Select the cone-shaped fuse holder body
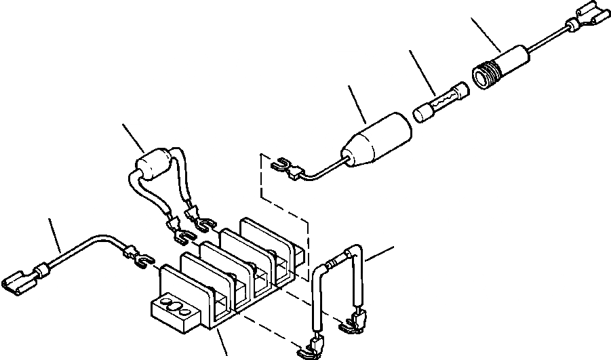tap(380, 138)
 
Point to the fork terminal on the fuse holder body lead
tap(282, 165)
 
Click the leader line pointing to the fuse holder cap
tap(486, 37)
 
